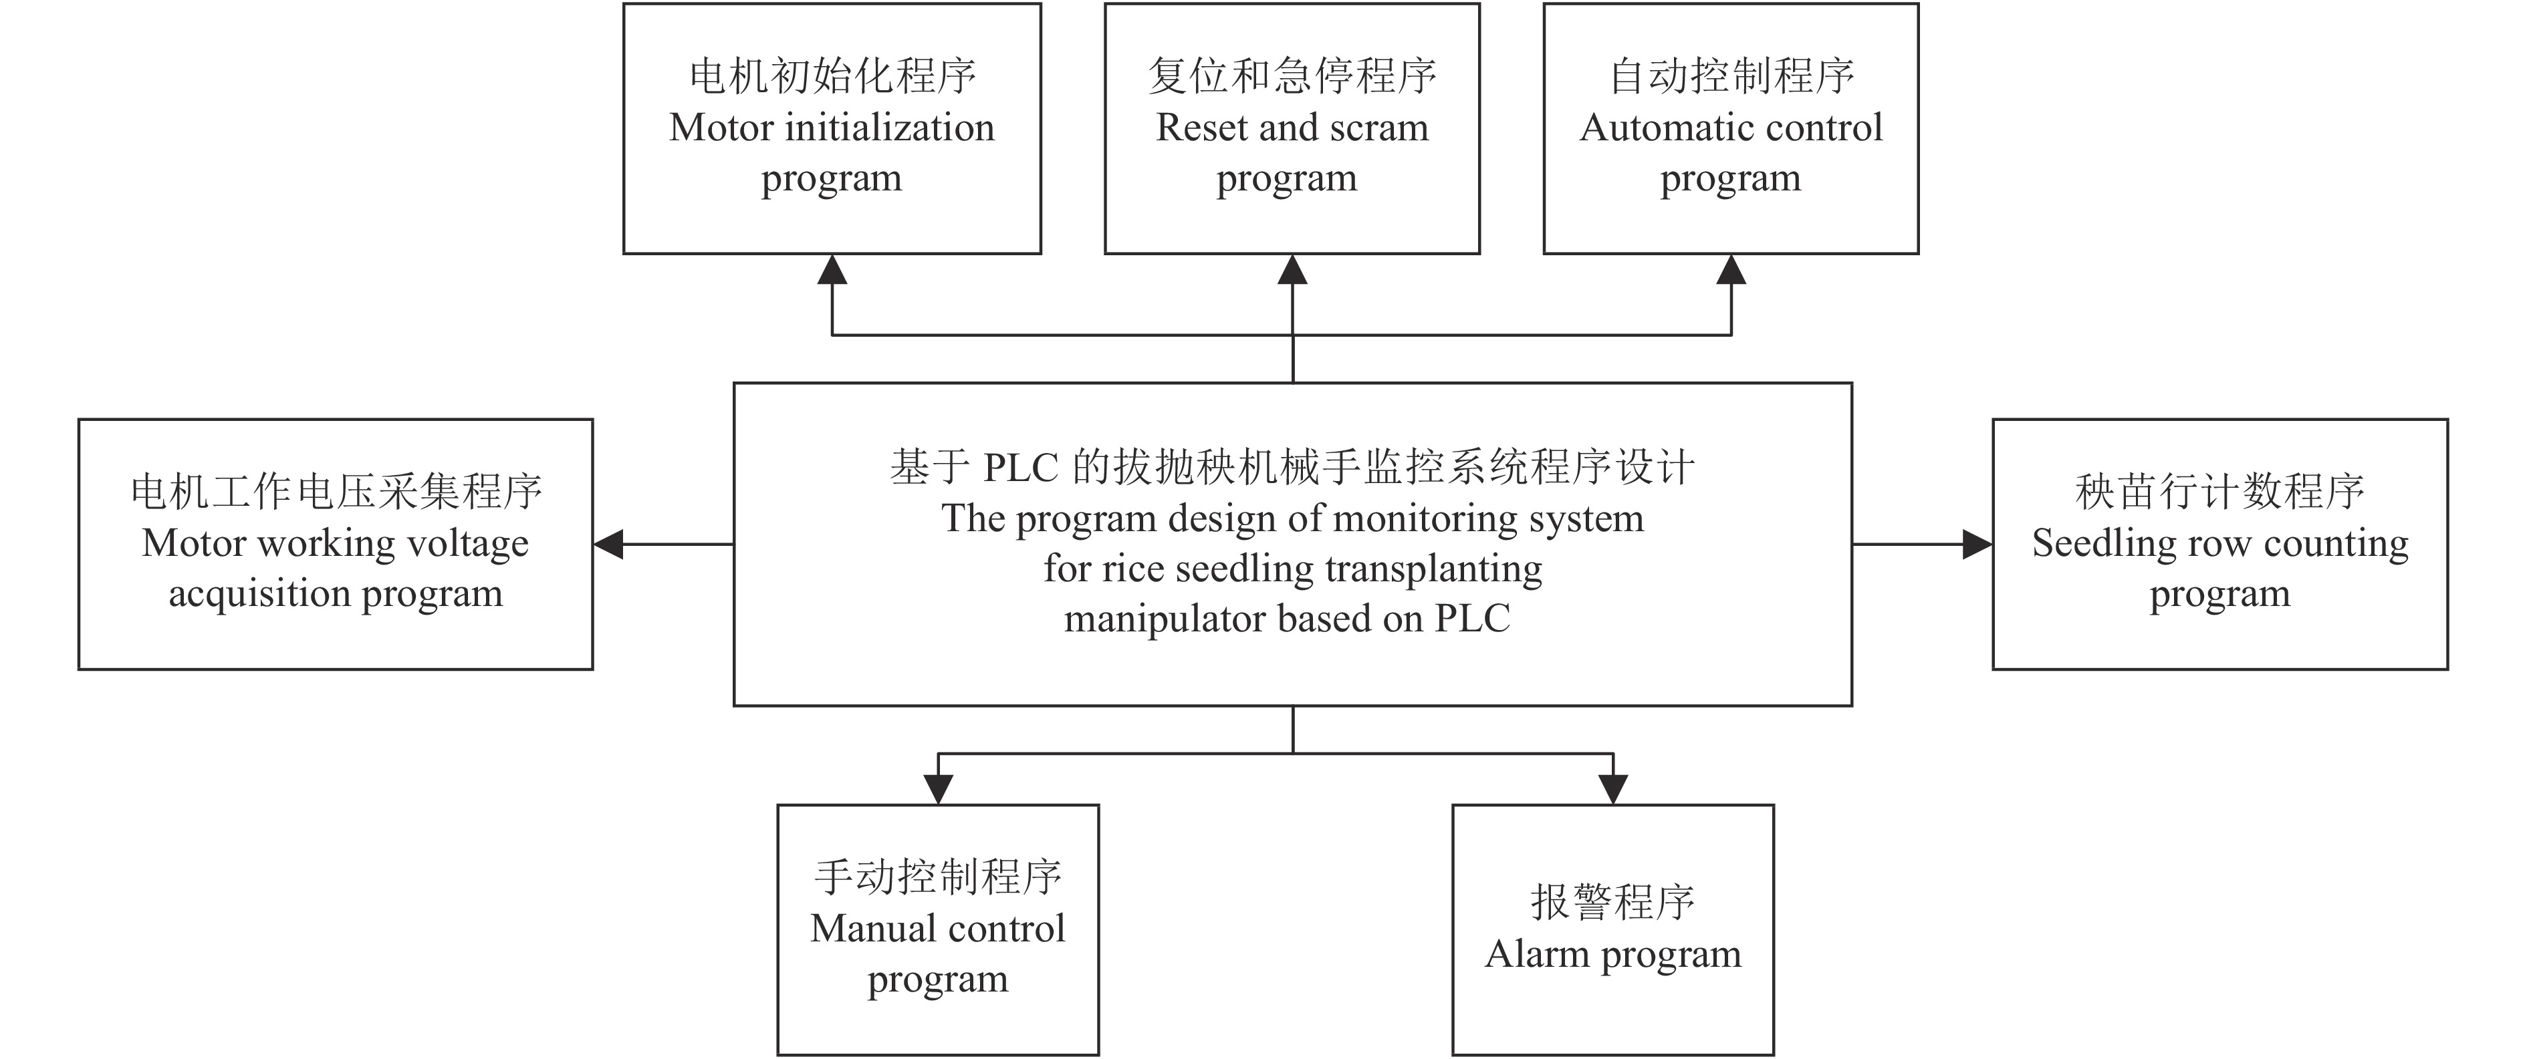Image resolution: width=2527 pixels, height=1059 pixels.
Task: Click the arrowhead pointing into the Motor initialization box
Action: click(x=832, y=270)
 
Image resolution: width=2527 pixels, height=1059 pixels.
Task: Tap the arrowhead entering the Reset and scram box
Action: click(x=1292, y=270)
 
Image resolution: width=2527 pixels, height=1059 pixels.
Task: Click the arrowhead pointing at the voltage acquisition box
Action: click(x=609, y=545)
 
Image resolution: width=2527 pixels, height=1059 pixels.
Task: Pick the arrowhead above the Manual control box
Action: click(x=938, y=788)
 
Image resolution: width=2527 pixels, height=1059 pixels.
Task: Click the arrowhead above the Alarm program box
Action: click(x=1612, y=788)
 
